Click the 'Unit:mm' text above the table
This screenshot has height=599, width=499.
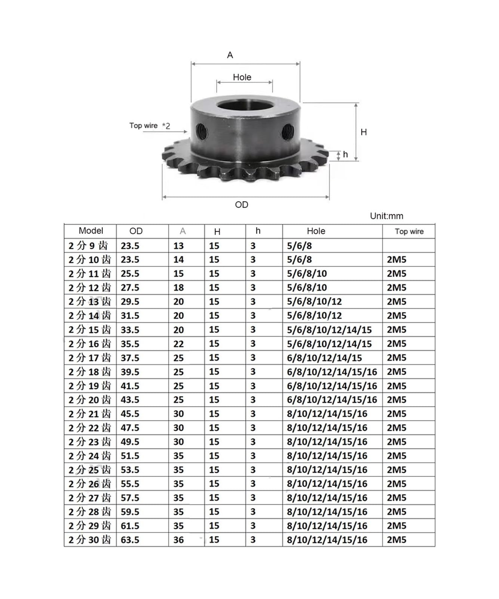386,216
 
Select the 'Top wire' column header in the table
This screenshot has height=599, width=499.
409,231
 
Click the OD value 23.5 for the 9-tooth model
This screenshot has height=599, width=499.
130,246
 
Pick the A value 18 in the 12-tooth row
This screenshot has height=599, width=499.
178,288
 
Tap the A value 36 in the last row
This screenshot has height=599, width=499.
178,540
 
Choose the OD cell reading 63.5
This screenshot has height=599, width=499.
130,540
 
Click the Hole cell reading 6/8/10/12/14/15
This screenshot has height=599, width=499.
324,358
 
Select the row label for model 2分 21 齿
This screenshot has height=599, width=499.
90,414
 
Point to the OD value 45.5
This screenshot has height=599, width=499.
130,414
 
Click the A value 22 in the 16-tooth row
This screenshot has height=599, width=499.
178,344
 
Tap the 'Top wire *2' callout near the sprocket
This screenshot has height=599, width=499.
150,126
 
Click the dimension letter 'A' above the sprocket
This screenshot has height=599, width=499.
230,55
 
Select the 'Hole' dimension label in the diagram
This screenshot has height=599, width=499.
242,77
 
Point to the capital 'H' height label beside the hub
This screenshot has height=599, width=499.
364,132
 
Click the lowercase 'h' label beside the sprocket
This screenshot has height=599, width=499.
345,155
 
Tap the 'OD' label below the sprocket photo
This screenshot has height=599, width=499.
241,205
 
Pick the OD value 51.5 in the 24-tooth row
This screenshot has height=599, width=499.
130,456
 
